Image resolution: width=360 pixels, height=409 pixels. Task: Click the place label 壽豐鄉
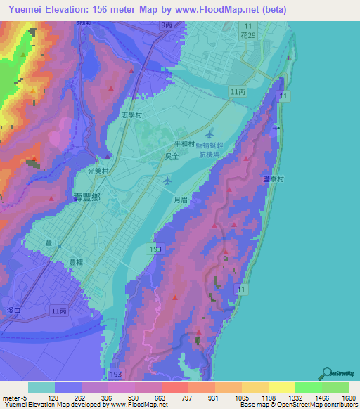[87, 197]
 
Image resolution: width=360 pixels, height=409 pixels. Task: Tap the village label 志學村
[131, 115]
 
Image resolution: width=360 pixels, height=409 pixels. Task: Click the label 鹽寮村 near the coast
[273, 179]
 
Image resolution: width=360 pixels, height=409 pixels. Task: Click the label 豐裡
[77, 261]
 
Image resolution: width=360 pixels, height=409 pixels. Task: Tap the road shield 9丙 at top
[165, 25]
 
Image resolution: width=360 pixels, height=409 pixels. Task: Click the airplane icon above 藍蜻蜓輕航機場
[211, 133]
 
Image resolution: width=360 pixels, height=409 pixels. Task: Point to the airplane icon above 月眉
[167, 181]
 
